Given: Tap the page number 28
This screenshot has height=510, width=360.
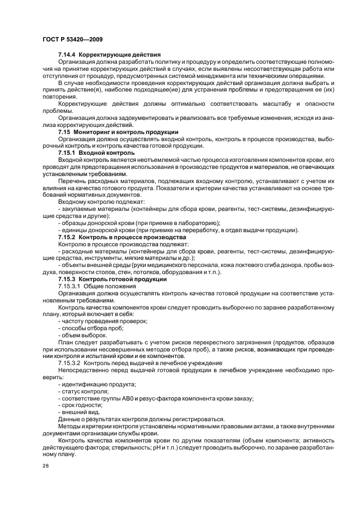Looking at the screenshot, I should tap(45, 466).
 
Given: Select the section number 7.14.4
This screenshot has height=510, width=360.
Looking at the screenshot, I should tap(68, 55).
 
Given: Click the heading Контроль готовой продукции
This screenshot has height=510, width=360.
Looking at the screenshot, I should tap(123, 279).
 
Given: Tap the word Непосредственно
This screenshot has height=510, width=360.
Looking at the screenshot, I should tap(84, 370).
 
